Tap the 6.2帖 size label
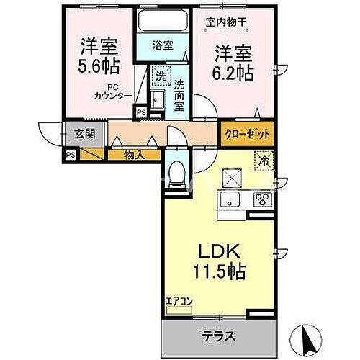pos(234,72)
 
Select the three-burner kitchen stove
pos(260,199)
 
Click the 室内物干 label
pos(226,22)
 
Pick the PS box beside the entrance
pos(71,154)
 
